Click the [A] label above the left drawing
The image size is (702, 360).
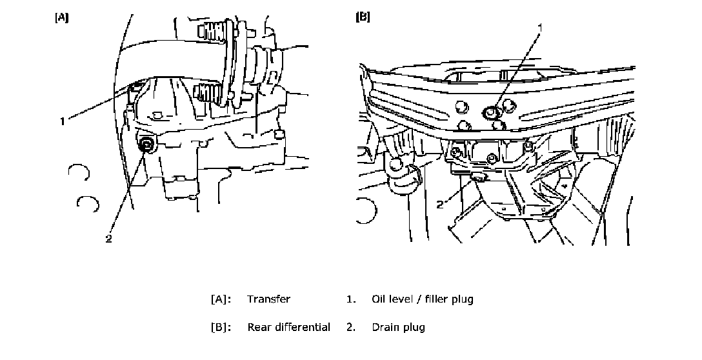coord(62,17)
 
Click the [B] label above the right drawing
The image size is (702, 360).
coord(363,17)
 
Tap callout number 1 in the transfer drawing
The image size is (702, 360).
coord(63,121)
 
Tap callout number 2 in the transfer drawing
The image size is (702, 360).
coord(108,238)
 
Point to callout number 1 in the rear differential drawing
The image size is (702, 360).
coord(540,26)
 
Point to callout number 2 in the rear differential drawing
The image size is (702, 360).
coord(440,205)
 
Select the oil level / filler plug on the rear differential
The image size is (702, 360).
coord(492,113)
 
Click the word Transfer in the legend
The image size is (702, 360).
coord(268,299)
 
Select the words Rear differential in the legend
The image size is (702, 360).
coord(288,327)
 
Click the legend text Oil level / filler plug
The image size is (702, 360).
coord(422,299)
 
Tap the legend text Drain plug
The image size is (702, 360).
coord(398,327)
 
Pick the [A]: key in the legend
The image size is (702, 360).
coord(221,299)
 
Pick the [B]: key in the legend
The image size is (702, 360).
coord(221,327)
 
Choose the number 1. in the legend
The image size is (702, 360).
coord(351,299)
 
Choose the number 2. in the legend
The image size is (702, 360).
coord(351,327)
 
